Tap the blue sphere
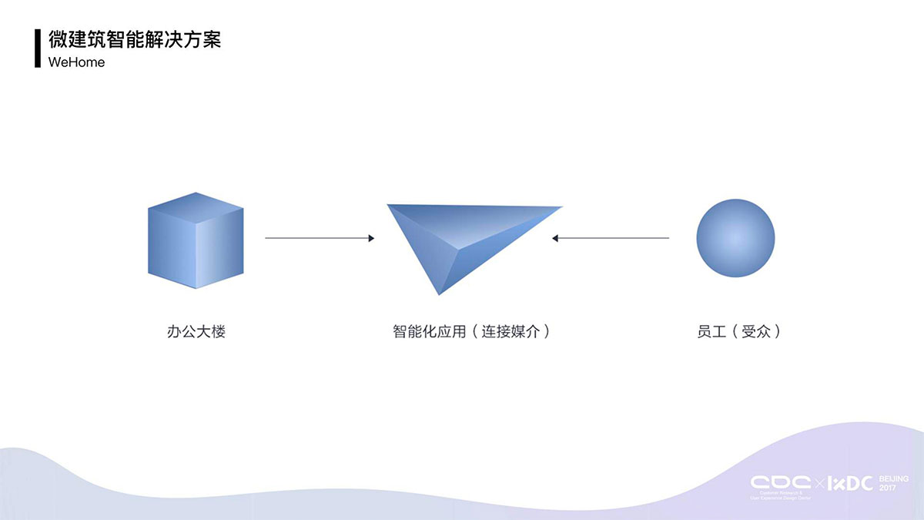click(735, 238)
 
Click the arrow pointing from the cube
click(319, 238)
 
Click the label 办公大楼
click(196, 333)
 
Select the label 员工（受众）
click(738, 333)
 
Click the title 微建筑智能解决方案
click(135, 40)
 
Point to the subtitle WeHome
click(76, 62)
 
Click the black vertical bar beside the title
click(37, 49)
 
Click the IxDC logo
click(851, 483)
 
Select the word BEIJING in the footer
click(894, 479)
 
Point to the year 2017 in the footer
click(888, 488)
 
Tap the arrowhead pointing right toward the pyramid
click(371, 238)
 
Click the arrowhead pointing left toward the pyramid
click(555, 238)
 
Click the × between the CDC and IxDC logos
click(820, 484)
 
